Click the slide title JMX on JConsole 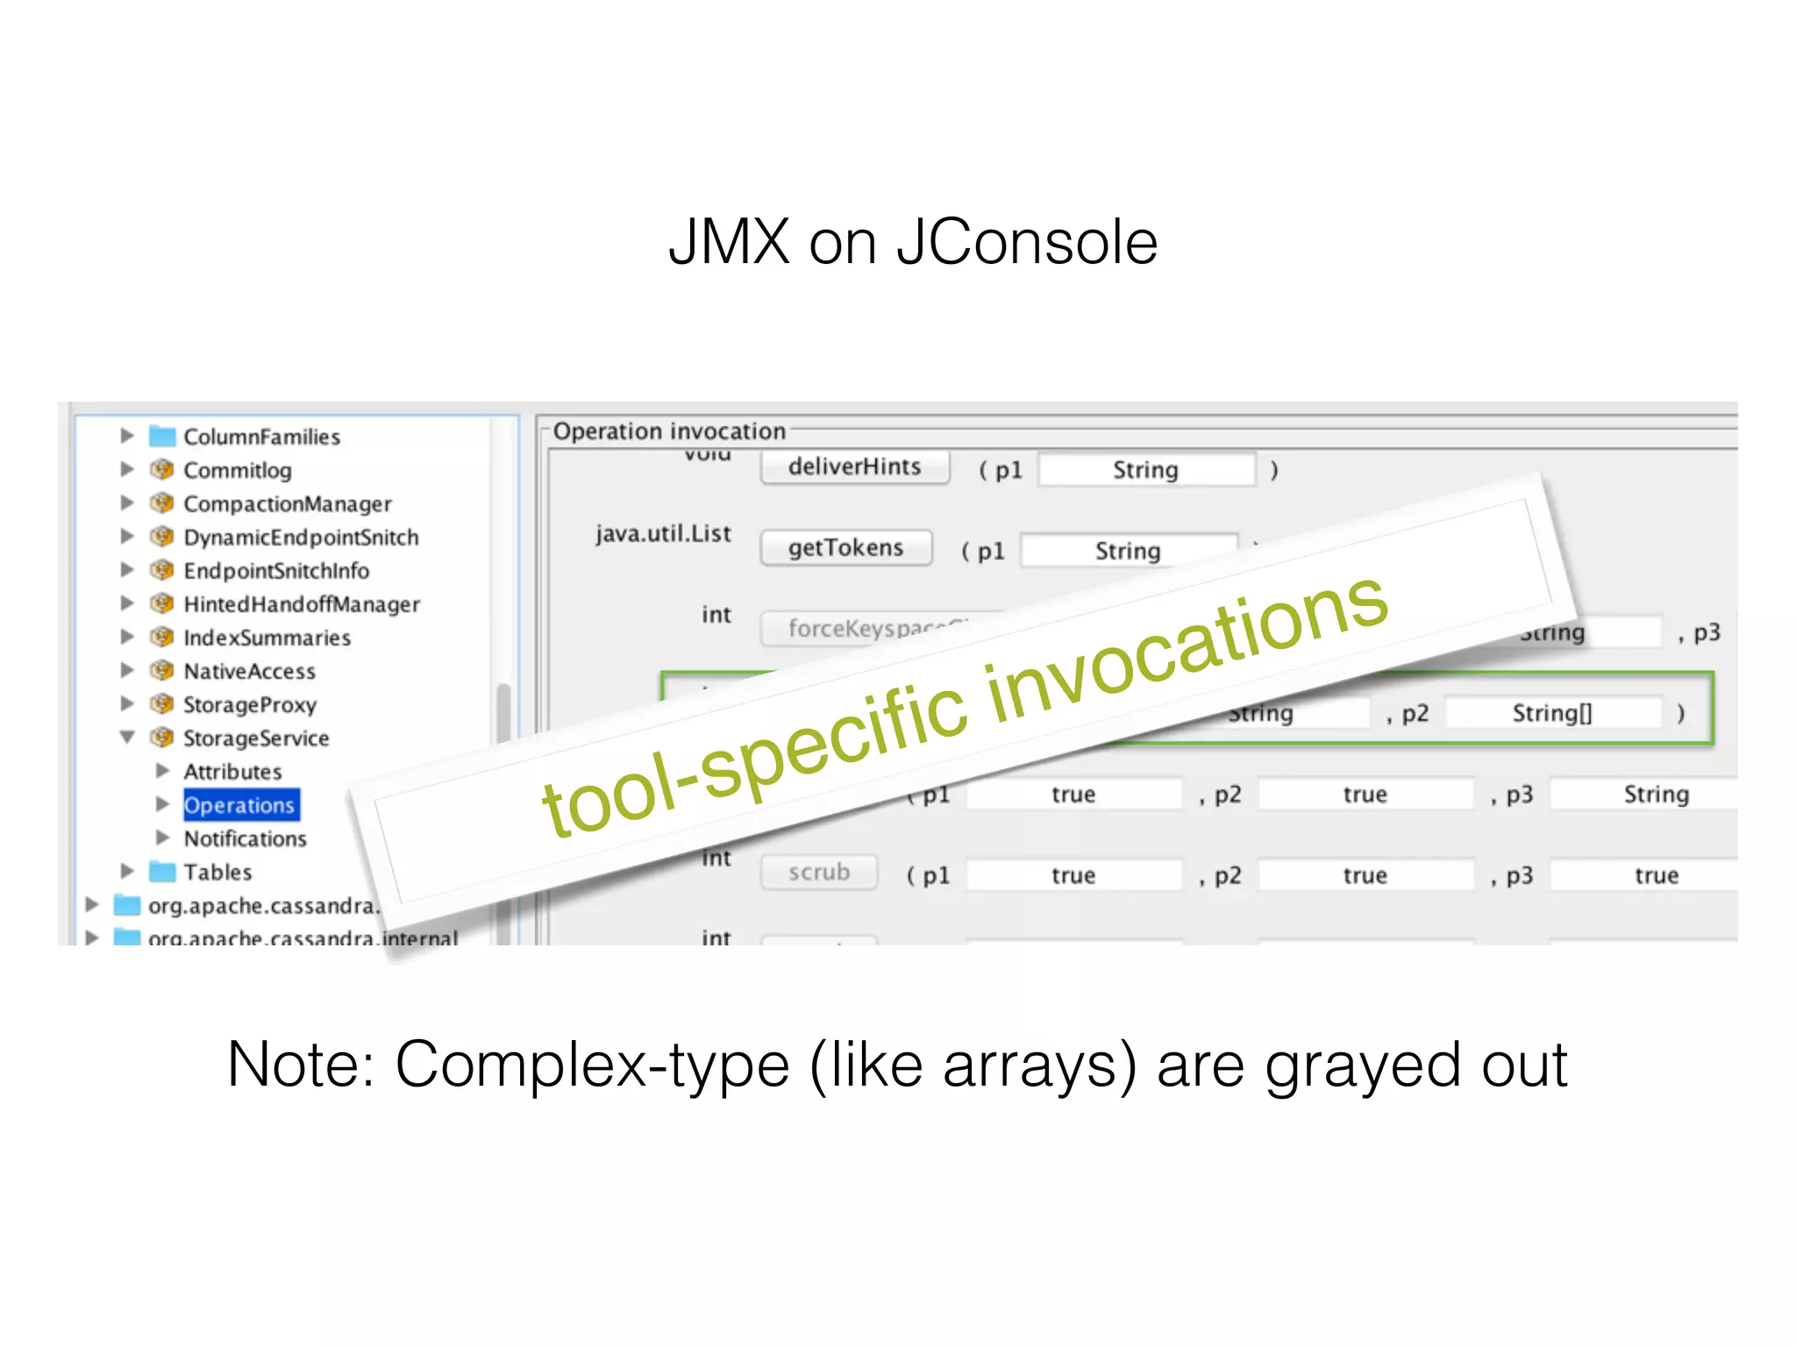[912, 242]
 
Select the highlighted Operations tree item [239, 805]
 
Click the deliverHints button [854, 467]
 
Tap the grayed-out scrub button [819, 873]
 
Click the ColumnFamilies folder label [261, 437]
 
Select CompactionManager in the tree [287, 504]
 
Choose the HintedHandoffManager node [301, 604]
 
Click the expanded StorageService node [255, 738]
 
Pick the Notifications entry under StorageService [245, 839]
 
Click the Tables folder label [217, 873]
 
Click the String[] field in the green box [1551, 713]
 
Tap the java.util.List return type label [662, 534]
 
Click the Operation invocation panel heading [668, 431]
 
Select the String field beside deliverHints [1145, 470]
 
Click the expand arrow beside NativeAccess [127, 671]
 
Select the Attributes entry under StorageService [232, 772]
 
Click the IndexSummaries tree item [267, 638]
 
